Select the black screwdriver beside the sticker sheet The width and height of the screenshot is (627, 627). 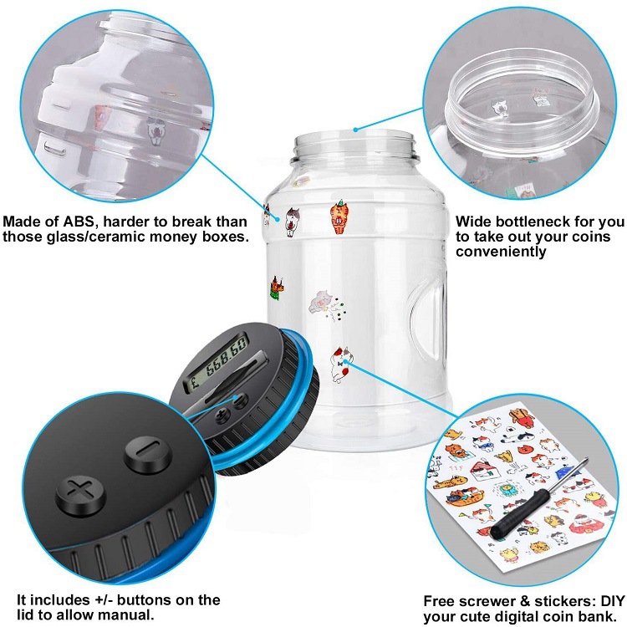pyautogui.click(x=543, y=502)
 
